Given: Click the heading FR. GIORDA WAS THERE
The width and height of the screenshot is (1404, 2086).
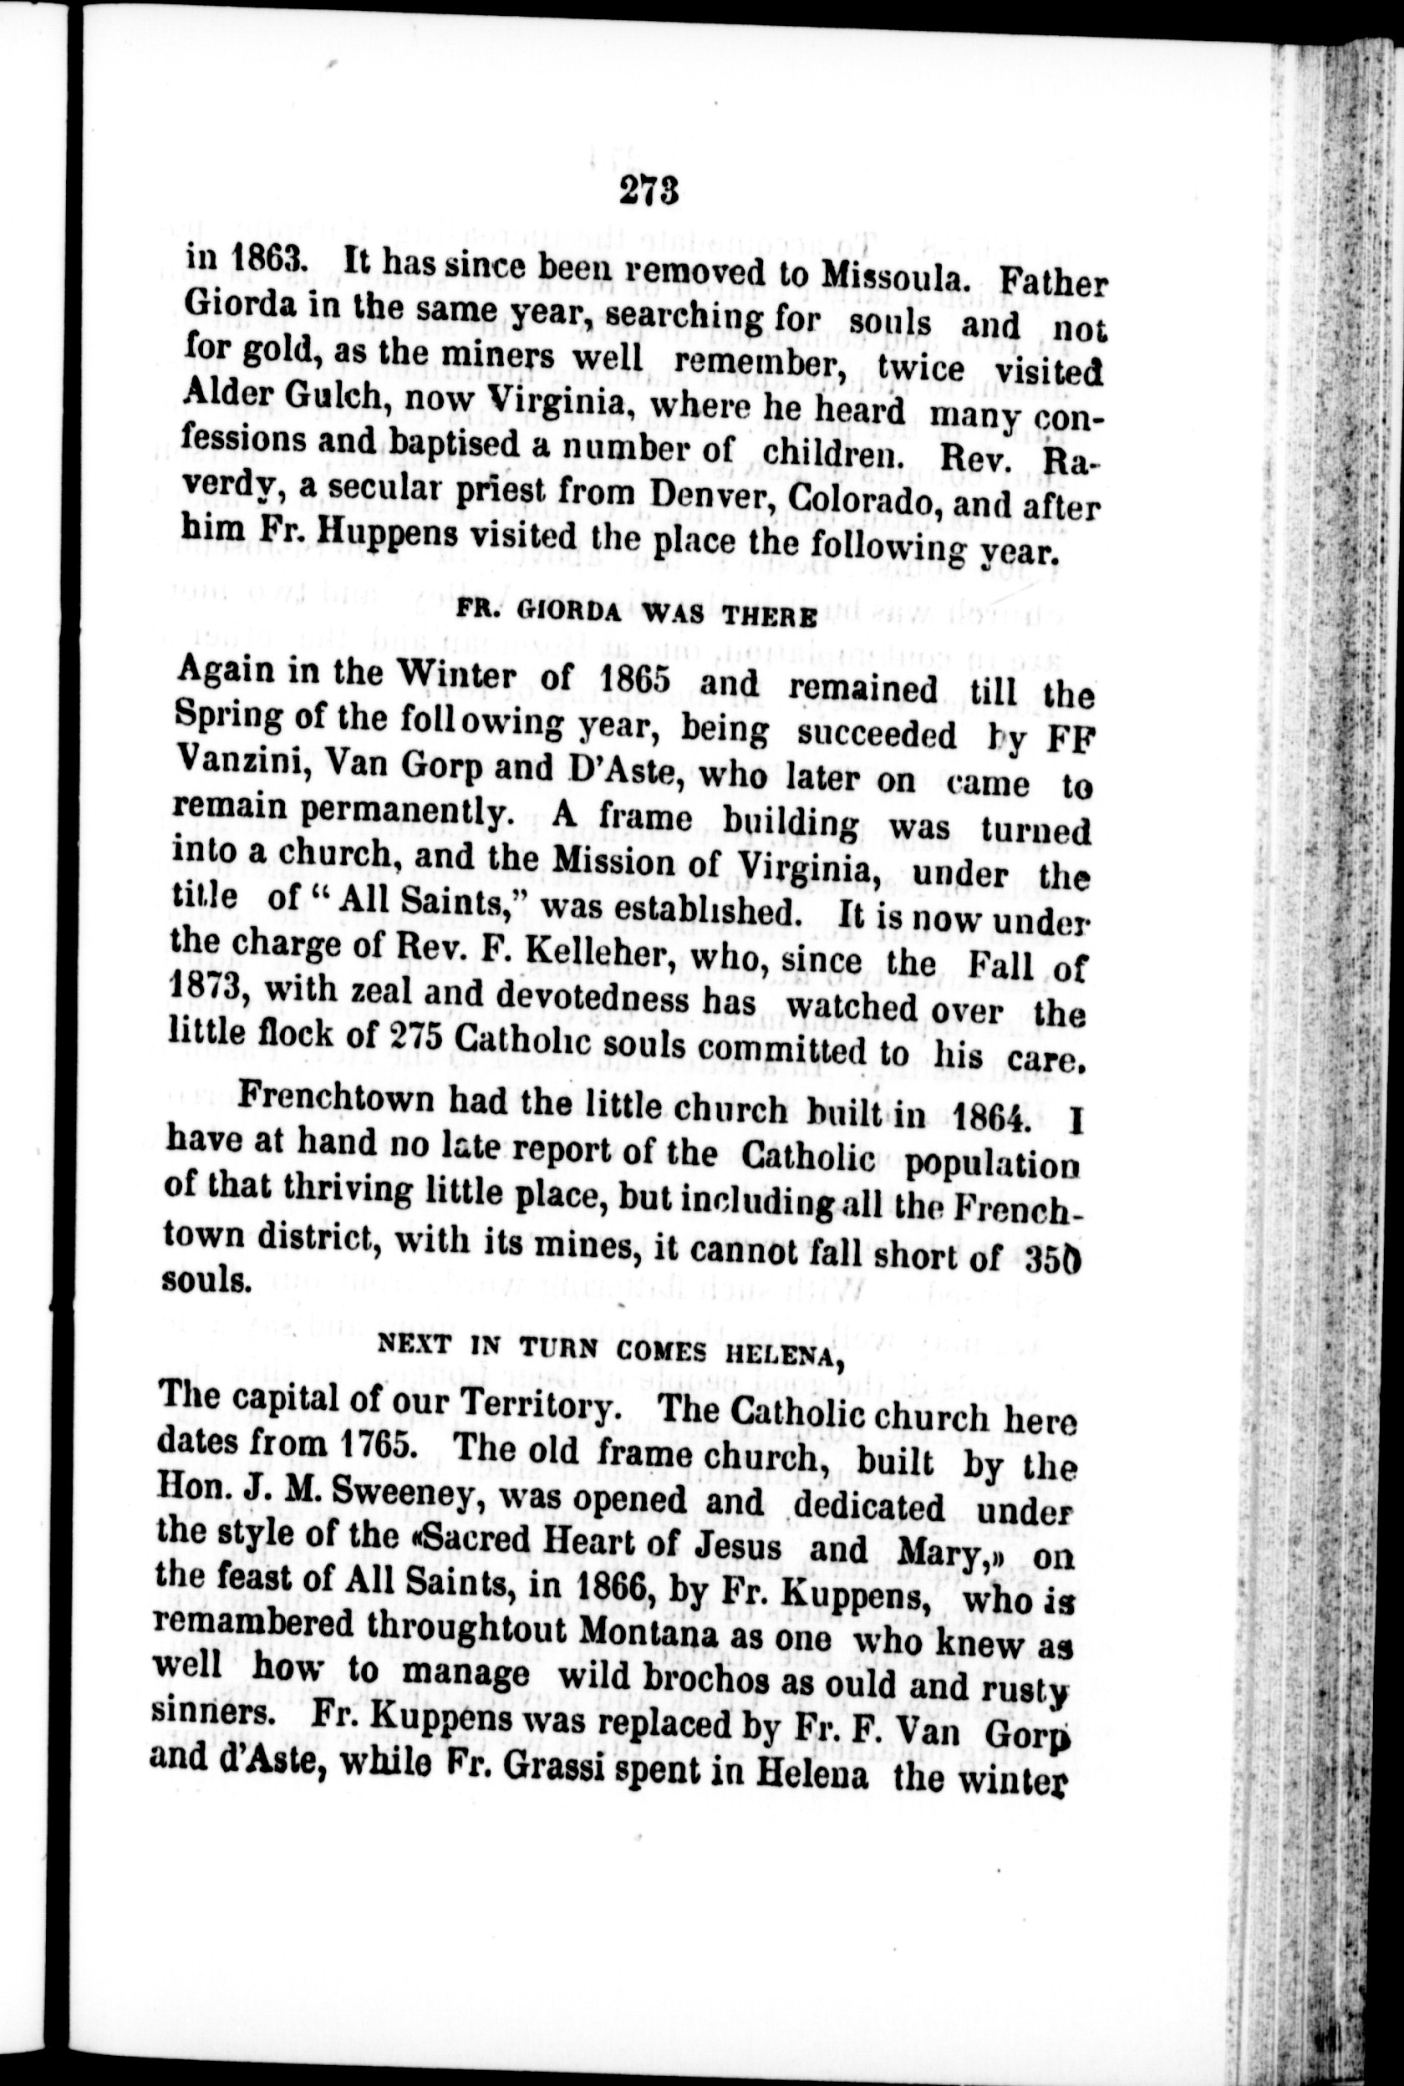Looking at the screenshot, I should (637, 614).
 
